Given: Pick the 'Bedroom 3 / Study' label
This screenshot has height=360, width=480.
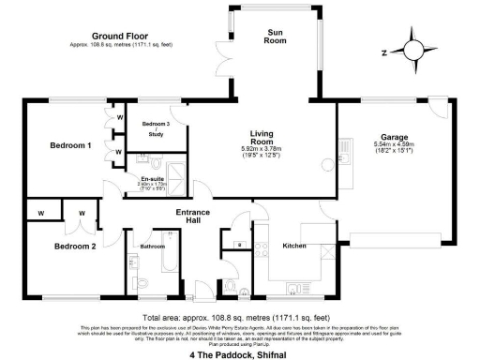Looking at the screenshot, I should [156, 129].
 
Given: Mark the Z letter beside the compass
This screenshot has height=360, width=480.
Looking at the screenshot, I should [382, 52].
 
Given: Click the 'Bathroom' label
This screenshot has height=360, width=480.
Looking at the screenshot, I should [152, 246].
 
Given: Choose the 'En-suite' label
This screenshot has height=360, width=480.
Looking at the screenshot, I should [153, 179].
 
